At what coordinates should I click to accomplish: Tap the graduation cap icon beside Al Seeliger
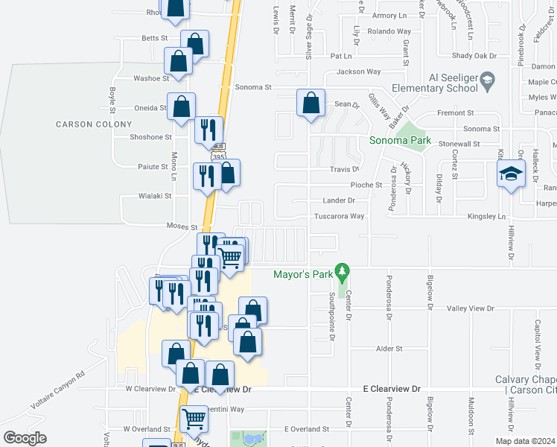click(487, 80)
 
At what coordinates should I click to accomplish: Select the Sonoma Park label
click(401, 140)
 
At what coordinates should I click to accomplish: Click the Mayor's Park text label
click(302, 274)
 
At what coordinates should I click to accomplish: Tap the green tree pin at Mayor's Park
click(343, 273)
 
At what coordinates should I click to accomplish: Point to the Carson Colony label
click(83, 124)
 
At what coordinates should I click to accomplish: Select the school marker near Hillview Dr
click(510, 175)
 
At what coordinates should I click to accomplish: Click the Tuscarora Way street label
click(343, 216)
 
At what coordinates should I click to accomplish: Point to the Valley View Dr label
click(471, 308)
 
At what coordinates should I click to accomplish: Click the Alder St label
click(389, 348)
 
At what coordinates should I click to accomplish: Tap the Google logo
click(25, 437)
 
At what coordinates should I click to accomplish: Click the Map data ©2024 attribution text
click(525, 441)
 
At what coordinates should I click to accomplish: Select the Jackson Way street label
click(358, 72)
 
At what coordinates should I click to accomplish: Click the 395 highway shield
click(217, 156)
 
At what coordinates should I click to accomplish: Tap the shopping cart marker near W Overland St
click(194, 419)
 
